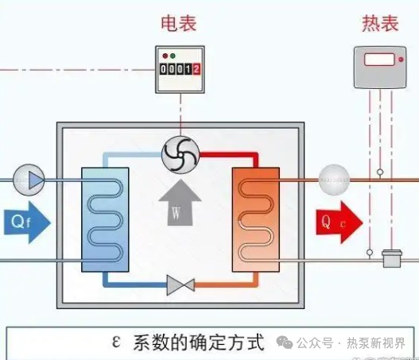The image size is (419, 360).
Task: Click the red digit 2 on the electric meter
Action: click(x=196, y=70)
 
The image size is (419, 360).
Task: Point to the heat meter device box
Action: click(x=379, y=64)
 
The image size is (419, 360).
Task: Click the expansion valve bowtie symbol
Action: click(x=180, y=285)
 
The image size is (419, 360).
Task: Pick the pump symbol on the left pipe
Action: click(x=29, y=180)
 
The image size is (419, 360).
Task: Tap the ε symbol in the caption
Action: click(x=116, y=343)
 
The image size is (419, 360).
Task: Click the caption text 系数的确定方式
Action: click(x=199, y=343)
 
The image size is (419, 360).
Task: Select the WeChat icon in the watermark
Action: click(x=284, y=343)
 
